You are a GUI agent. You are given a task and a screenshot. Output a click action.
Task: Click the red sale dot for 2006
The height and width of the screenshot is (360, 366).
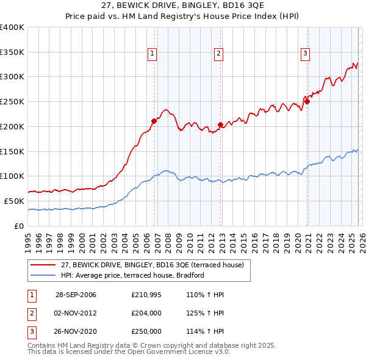coord(154,121)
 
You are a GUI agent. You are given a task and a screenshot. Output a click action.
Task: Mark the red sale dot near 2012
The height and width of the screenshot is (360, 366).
coord(220,124)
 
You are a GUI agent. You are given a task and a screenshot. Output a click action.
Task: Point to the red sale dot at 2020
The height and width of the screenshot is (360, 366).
coord(307,102)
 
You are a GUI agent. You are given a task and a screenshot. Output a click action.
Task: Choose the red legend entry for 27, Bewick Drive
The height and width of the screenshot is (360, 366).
coord(152,265)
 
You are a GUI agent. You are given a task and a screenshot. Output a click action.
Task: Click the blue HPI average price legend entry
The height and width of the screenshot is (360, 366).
coord(132,275)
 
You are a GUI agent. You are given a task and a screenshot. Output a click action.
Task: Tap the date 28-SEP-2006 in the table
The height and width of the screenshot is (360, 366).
coord(76,295)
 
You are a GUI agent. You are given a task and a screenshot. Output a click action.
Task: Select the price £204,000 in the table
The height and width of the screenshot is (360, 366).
coord(146,313)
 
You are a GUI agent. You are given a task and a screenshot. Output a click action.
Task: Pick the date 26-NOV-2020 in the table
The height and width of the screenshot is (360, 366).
coord(76,331)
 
